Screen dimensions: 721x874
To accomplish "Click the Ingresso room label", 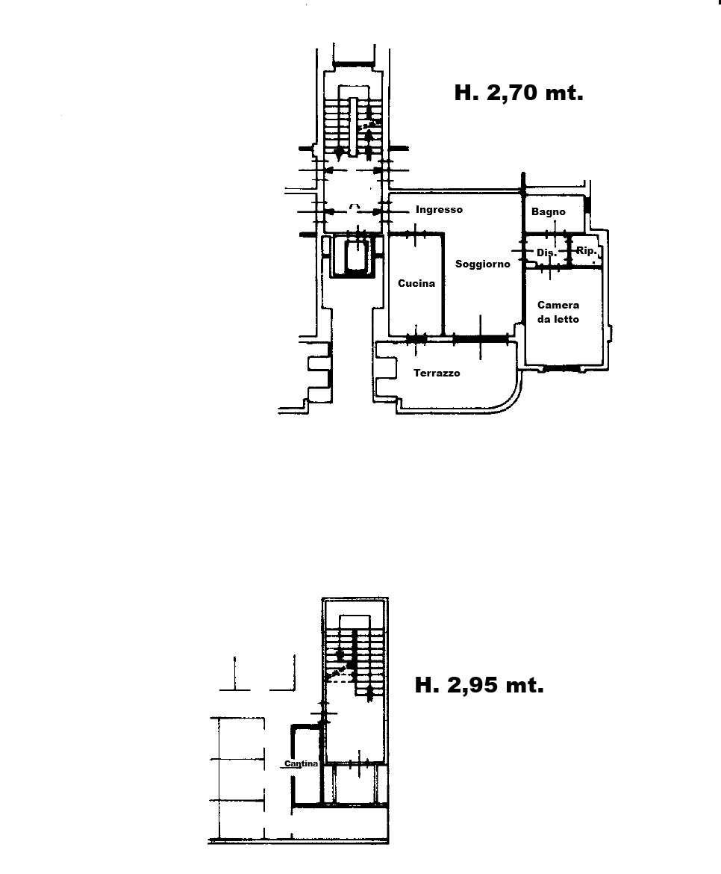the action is [x=439, y=210].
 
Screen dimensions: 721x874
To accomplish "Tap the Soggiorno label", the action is [x=483, y=264].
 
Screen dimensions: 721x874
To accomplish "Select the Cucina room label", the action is [x=416, y=283].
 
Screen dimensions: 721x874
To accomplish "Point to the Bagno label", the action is [x=549, y=212].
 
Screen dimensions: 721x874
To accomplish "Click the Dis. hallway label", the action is [x=546, y=252].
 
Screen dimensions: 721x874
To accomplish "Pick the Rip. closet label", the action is [x=586, y=251].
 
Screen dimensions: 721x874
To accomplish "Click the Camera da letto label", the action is [x=558, y=312].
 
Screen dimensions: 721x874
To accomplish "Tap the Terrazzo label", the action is [x=437, y=373].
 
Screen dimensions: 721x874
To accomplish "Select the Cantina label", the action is [x=302, y=763].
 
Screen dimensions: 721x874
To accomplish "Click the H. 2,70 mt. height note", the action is [x=519, y=93].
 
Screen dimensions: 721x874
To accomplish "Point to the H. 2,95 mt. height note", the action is [x=479, y=684].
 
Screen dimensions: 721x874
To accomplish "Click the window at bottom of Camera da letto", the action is [x=562, y=368].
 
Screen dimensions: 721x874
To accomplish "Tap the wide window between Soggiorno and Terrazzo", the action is [x=481, y=338].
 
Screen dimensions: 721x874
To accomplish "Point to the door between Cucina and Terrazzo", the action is [x=416, y=338].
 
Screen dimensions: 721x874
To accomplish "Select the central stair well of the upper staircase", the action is [x=353, y=126].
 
